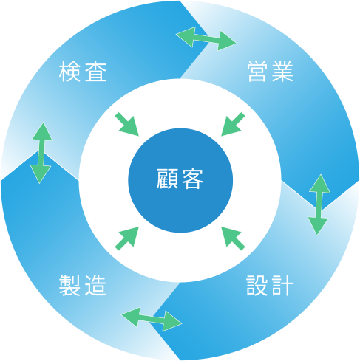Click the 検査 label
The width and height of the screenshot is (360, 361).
pyautogui.click(x=83, y=72)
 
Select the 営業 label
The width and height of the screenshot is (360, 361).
pyautogui.click(x=271, y=72)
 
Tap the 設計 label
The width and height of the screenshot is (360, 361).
pyautogui.click(x=270, y=286)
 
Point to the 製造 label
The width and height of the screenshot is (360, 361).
pyautogui.click(x=83, y=286)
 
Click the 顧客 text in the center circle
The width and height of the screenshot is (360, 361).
pyautogui.click(x=180, y=179)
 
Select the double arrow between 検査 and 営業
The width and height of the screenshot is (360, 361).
pyautogui.click(x=206, y=38)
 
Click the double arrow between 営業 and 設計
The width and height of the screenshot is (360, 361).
pyautogui.click(x=319, y=204)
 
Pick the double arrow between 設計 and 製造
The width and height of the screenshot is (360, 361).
pyautogui.click(x=152, y=319)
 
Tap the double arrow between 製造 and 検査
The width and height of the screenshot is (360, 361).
pyautogui.click(x=41, y=153)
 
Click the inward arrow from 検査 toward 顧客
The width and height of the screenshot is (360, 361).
pyautogui.click(x=127, y=124)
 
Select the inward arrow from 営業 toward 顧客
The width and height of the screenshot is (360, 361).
pyautogui.click(x=233, y=124)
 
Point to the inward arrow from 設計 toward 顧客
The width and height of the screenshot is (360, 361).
pyautogui.click(x=233, y=238)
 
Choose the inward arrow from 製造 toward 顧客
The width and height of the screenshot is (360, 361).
pyautogui.click(x=127, y=238)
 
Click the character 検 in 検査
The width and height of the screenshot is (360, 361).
pyautogui.click(x=69, y=72)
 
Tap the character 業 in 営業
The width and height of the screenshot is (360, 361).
pyautogui.click(x=282, y=72)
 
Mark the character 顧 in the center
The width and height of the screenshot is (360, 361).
pyautogui.click(x=168, y=179)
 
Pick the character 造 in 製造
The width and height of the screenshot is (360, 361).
pyautogui.click(x=95, y=286)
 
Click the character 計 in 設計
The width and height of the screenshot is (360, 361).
pyautogui.click(x=282, y=286)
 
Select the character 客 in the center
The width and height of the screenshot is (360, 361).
pyautogui.click(x=192, y=179)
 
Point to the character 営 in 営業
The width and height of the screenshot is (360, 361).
pyautogui.click(x=258, y=72)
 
